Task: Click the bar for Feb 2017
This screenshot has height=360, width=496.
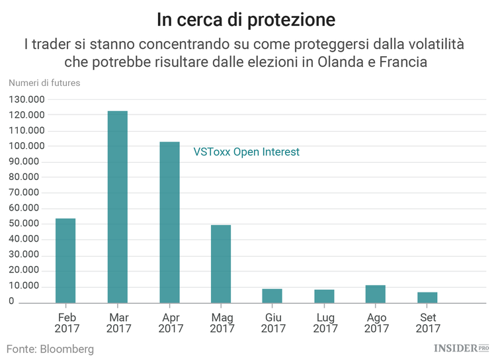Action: (x=65, y=261)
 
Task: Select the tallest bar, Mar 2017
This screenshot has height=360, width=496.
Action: (x=118, y=207)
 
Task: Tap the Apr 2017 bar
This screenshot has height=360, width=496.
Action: (x=169, y=222)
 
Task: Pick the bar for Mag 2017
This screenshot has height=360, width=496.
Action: (x=221, y=264)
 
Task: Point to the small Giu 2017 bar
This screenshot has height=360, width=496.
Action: (x=272, y=296)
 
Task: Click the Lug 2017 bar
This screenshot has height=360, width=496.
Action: (x=324, y=296)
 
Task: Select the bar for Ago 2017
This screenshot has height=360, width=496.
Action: (x=376, y=294)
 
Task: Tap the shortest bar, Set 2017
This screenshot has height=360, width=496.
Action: (x=427, y=297)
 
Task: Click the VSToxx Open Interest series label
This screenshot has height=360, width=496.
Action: (x=246, y=152)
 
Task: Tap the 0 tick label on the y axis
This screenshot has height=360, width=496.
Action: (x=12, y=301)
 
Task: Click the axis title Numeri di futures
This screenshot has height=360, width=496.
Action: (x=44, y=83)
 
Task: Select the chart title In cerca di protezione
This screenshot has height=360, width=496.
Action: (x=246, y=20)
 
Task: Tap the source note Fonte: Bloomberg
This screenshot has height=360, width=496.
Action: (x=50, y=348)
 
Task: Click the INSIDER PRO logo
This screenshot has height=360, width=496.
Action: (x=461, y=348)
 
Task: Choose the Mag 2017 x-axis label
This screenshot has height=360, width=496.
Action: (x=221, y=322)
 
